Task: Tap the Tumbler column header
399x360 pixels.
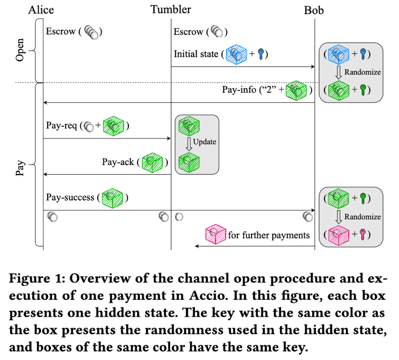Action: (x=171, y=10)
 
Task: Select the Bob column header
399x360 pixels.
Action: (x=314, y=10)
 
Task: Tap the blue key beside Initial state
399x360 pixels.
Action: (x=261, y=54)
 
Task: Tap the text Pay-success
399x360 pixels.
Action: (x=70, y=198)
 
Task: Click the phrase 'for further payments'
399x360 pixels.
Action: (x=268, y=234)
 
